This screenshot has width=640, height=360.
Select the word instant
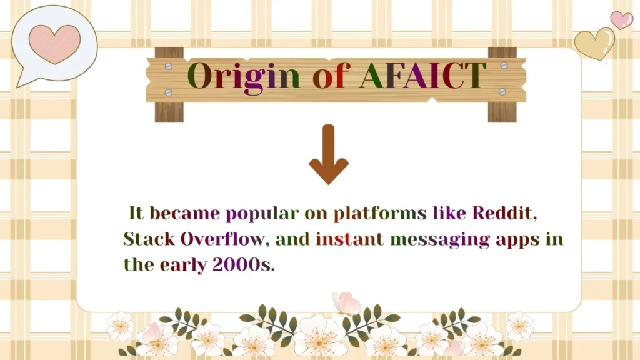tap(349, 239)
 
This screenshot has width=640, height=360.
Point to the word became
tap(184, 213)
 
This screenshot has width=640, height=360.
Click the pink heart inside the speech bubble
tap(54, 42)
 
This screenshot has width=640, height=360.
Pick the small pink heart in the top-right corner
tap(621, 19)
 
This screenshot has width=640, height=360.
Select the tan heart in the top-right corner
tap(594, 43)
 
